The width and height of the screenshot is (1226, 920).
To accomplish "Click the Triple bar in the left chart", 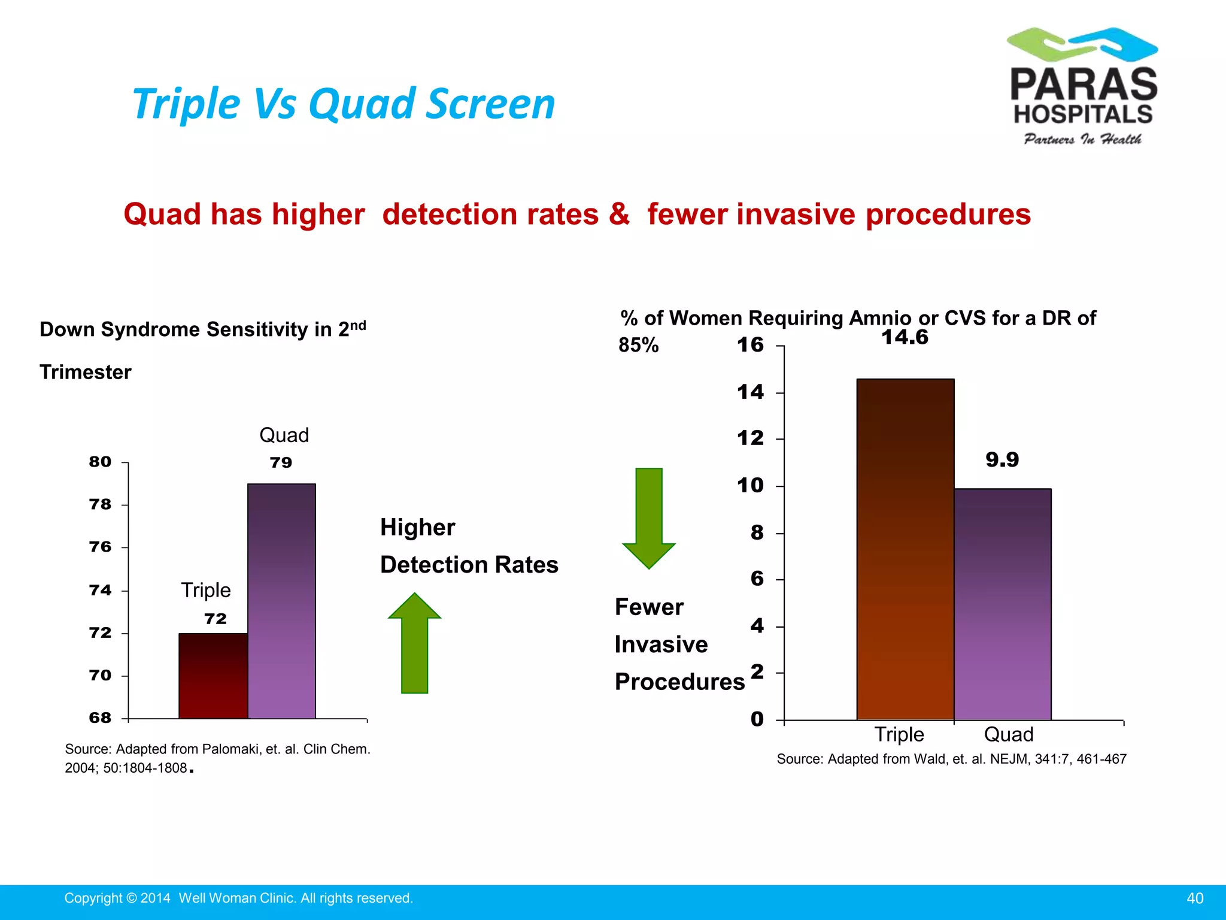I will click(x=213, y=676).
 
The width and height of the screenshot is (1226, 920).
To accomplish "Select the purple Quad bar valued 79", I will click(x=281, y=601).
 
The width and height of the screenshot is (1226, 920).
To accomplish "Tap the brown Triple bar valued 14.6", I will click(x=905, y=549).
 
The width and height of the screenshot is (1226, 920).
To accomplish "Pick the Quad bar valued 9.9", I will click(x=1002, y=604).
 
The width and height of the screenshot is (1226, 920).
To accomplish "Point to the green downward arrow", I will click(x=649, y=517).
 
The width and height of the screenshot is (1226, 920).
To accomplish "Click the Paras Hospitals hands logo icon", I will click(x=1082, y=44).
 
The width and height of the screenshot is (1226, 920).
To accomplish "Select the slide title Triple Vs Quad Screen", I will click(x=344, y=104).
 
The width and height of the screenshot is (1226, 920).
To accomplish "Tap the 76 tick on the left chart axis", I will click(x=101, y=547).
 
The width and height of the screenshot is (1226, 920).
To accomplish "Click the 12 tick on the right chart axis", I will click(x=750, y=438).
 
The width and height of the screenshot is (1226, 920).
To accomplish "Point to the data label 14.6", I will click(x=905, y=337).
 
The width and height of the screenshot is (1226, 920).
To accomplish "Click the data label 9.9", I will click(x=1002, y=460).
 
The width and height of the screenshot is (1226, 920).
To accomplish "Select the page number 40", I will click(x=1195, y=898).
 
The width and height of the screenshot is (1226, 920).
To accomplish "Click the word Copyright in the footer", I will click(x=93, y=898).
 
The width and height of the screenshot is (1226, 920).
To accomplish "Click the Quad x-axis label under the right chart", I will click(x=1009, y=734).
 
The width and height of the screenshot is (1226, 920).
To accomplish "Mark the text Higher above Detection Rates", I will click(x=418, y=528).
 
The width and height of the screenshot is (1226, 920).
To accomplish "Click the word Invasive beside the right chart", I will click(x=661, y=644).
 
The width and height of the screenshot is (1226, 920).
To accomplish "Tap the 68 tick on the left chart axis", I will click(x=101, y=718).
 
